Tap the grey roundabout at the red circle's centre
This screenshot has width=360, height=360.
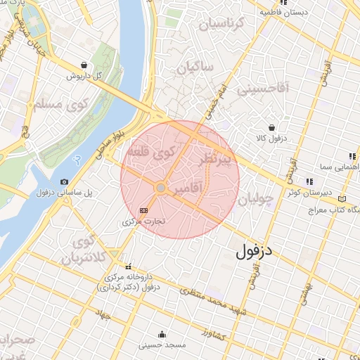click(161, 188)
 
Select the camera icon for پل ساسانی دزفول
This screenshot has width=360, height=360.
click(65, 182)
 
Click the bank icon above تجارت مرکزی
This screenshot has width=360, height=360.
click(144, 210)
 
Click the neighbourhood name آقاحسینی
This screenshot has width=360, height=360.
click(264, 89)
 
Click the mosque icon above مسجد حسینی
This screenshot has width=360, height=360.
click(162, 334)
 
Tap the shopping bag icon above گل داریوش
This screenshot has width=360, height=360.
click(84, 65)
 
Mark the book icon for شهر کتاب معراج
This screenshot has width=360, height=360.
click(342, 198)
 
